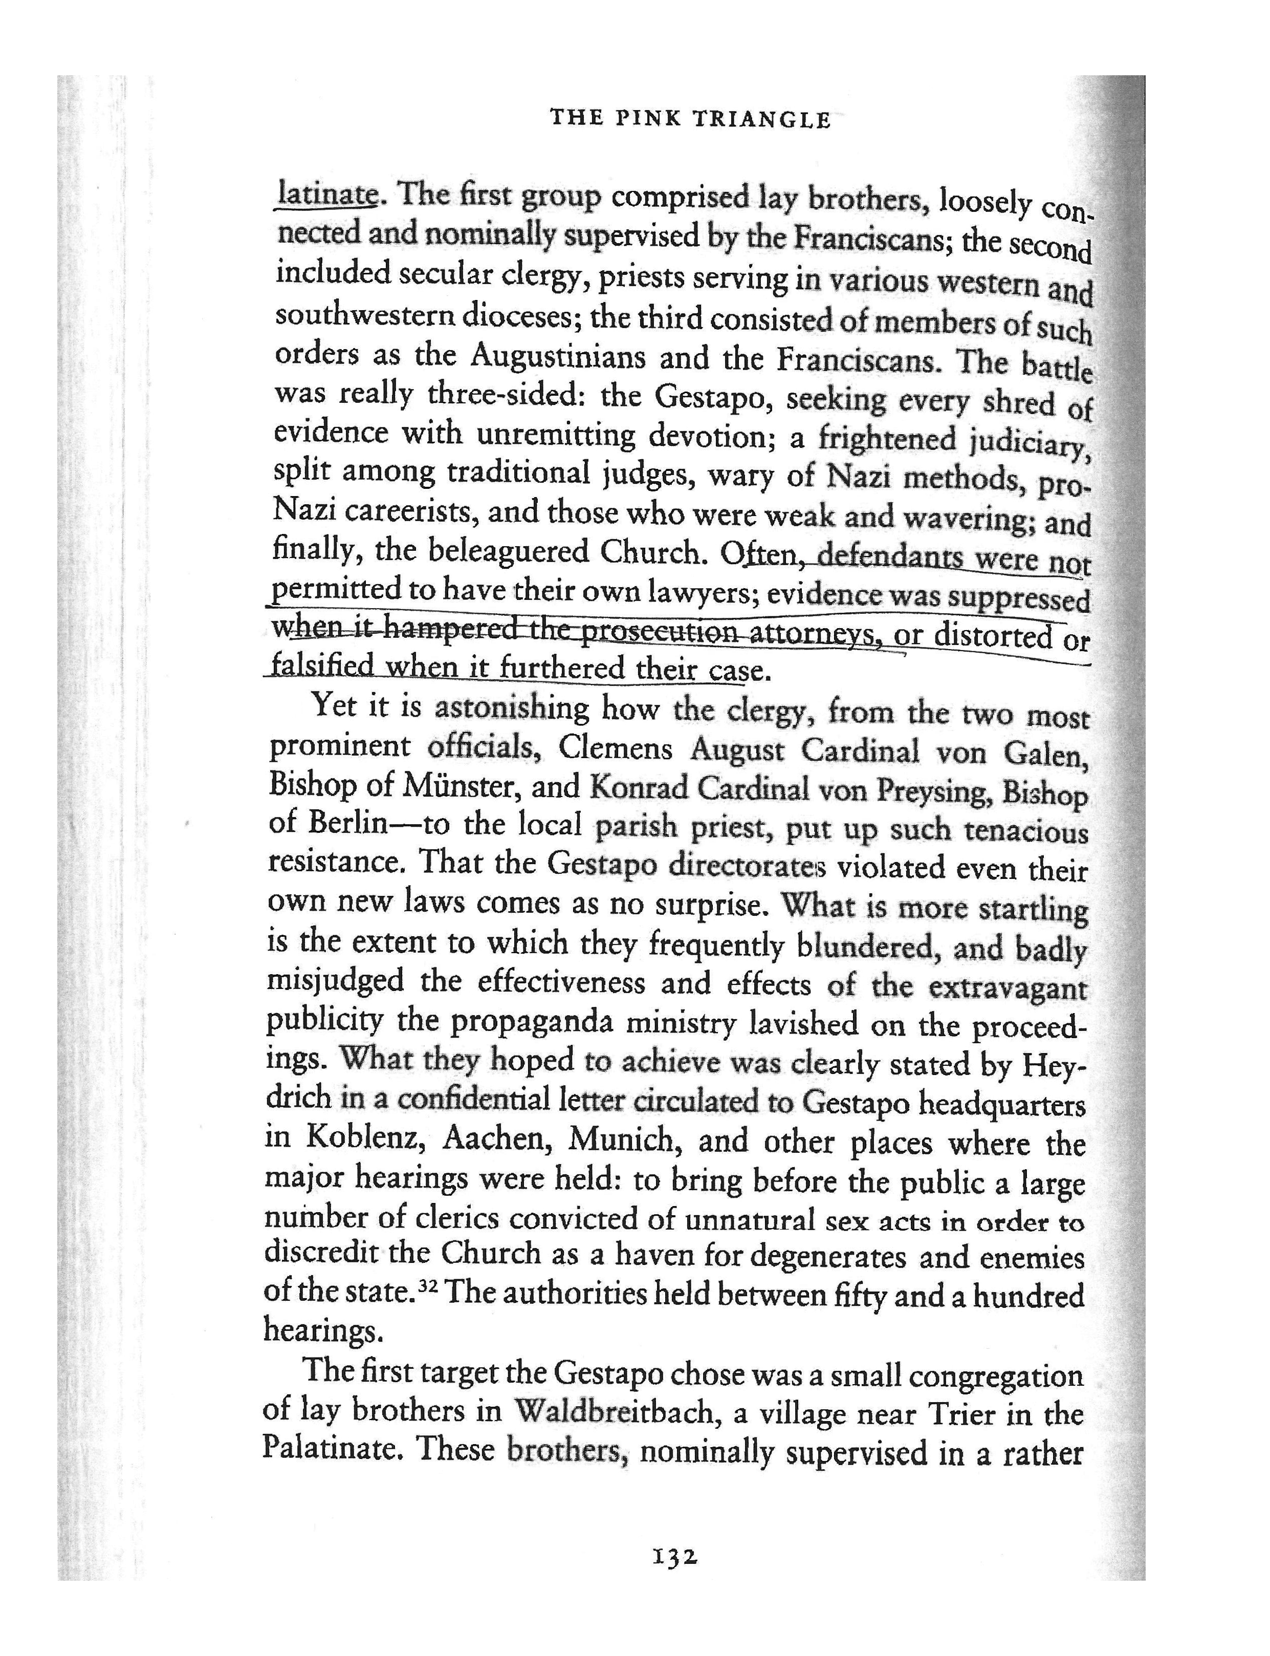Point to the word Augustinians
[557, 355]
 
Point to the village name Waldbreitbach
[614, 1412]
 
